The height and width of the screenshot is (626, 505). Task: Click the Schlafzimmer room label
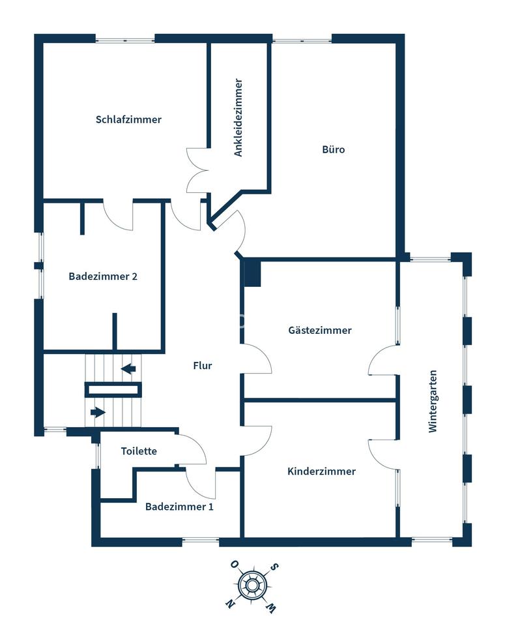pos(128,119)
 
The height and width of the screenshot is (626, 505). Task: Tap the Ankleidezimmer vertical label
pos(238,117)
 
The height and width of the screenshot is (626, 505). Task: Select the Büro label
pos(334,149)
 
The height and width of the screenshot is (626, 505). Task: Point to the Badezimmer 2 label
pos(103,276)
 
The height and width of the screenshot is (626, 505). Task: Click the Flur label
pos(202,365)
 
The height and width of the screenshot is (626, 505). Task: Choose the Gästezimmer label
pos(320,330)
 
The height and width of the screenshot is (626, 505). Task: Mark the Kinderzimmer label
pos(321,471)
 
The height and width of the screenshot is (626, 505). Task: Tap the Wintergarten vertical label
pos(433,401)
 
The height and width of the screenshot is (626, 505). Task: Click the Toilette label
pos(139,451)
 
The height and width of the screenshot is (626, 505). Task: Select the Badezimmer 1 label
pos(179,507)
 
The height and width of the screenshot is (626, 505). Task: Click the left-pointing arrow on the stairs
pos(128,369)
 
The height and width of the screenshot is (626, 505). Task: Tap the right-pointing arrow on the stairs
pos(98,412)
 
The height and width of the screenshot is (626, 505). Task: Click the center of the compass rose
pos(252,586)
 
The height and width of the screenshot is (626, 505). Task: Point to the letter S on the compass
pos(274,567)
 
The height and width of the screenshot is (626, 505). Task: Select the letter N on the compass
pos(230,603)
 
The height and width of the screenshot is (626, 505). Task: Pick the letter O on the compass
pos(234,564)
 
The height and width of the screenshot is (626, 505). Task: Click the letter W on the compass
pos(270,607)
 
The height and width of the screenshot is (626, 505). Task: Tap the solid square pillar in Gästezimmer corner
pos(252,273)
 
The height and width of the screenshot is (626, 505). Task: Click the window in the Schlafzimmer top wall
pos(125,40)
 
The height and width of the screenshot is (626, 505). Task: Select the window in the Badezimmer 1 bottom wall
pos(201,541)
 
